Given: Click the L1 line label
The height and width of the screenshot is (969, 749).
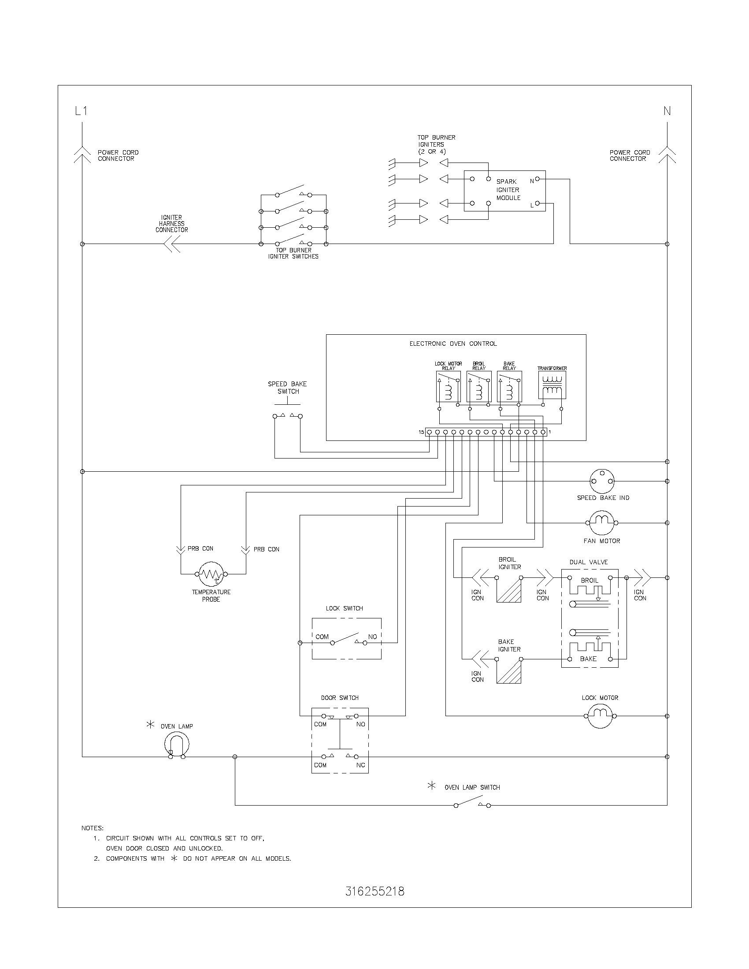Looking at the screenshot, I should (x=81, y=111).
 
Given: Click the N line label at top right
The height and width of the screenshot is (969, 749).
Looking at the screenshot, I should (x=667, y=111).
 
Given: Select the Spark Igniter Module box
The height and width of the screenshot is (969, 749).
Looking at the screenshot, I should (x=504, y=191).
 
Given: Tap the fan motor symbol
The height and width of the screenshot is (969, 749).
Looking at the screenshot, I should (x=602, y=523).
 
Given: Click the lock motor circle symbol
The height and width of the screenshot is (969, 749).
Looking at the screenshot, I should (x=600, y=716).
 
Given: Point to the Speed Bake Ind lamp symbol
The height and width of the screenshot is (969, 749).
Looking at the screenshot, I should (x=602, y=481).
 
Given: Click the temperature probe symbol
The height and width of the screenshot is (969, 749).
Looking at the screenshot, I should (x=211, y=573).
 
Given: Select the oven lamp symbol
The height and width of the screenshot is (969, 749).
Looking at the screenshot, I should (x=177, y=744).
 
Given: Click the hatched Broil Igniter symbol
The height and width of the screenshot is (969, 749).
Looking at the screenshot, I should (x=508, y=590).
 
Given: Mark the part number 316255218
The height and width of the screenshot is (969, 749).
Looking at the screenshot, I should (x=375, y=891).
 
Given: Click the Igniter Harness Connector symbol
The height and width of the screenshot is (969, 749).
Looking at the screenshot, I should (x=172, y=244).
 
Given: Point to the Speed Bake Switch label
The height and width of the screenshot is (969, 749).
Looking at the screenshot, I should (x=287, y=387).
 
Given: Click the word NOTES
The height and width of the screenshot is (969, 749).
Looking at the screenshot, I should (x=92, y=828).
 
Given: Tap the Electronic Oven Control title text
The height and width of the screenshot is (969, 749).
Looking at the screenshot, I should (x=453, y=344).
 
